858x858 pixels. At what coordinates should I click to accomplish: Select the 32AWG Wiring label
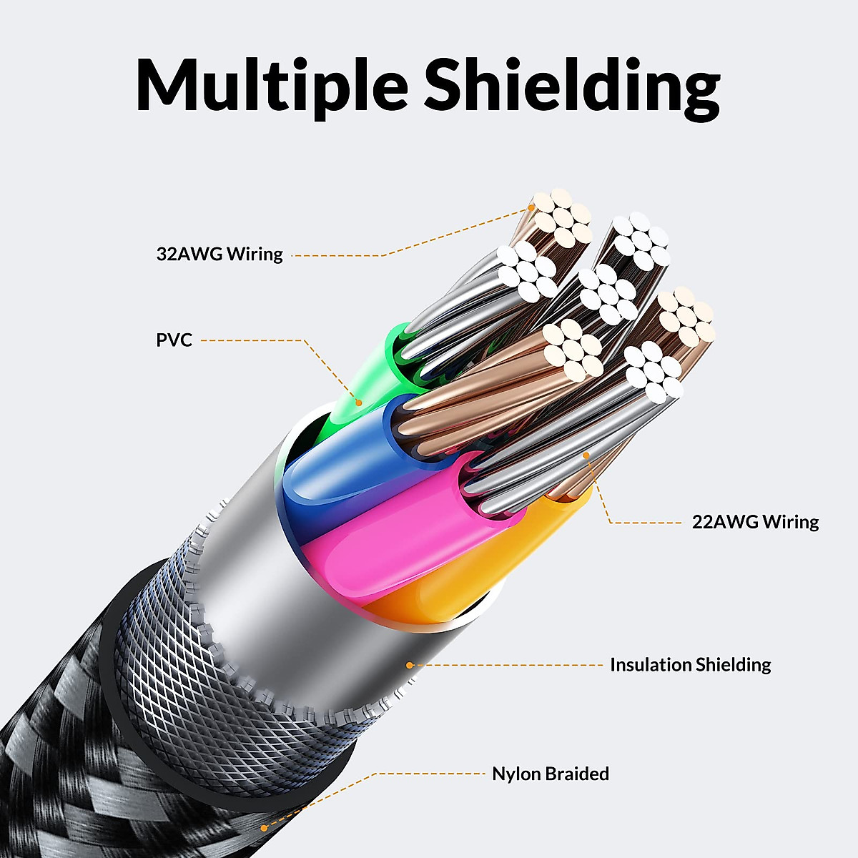click(x=220, y=255)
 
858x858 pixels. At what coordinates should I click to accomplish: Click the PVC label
click(x=174, y=340)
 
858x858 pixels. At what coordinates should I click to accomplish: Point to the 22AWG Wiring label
click(x=755, y=522)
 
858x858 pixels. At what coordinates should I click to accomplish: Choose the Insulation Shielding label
click(x=691, y=665)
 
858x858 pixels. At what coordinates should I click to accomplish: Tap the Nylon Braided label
click(x=551, y=774)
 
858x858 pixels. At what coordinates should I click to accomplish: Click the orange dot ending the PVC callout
click(x=358, y=403)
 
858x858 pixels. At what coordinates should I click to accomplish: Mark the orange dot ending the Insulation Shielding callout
click(x=410, y=665)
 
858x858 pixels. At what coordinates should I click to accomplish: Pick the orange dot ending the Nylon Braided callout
click(x=264, y=828)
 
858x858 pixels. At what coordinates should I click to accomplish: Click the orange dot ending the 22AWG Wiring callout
click(x=586, y=455)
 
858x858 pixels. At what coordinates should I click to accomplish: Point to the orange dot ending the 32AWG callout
click(x=531, y=207)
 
